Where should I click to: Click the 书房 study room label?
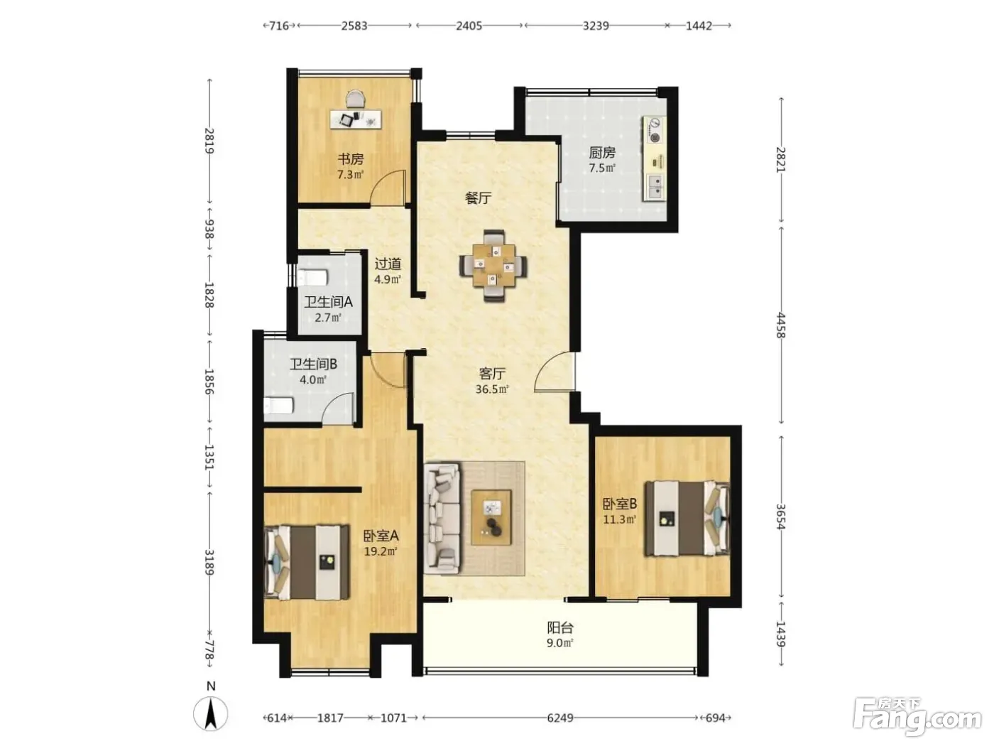(350, 159)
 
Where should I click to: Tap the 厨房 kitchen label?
(602, 153)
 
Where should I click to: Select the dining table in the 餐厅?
(493, 266)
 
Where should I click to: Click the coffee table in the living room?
(491, 517)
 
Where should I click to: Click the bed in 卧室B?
(687, 518)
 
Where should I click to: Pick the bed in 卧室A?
(307, 562)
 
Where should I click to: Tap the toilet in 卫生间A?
(313, 278)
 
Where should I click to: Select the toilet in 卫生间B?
(279, 405)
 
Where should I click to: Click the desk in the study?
(356, 119)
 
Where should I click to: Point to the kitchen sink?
(655, 187)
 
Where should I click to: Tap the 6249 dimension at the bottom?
(560, 718)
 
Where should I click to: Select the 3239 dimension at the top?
(596, 26)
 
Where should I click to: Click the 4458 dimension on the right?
(780, 325)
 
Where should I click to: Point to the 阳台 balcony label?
(560, 627)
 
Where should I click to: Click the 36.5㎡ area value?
(492, 389)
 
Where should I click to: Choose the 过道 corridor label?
(388, 264)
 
